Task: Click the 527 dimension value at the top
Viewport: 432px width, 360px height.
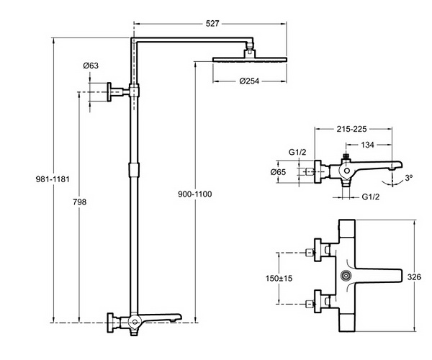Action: click(212, 24)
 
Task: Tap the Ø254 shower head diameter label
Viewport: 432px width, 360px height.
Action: click(249, 81)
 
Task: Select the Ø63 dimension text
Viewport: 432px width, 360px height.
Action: click(91, 66)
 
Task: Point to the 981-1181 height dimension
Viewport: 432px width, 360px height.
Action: click(53, 179)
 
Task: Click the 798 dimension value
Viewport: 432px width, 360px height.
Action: click(80, 202)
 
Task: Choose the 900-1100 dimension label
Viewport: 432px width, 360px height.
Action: click(195, 194)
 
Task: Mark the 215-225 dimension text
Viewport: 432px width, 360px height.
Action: click(351, 129)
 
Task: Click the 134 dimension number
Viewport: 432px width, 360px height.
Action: click(367, 145)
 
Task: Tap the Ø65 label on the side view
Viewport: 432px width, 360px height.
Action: click(278, 172)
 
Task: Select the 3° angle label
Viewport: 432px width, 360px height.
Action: click(409, 178)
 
